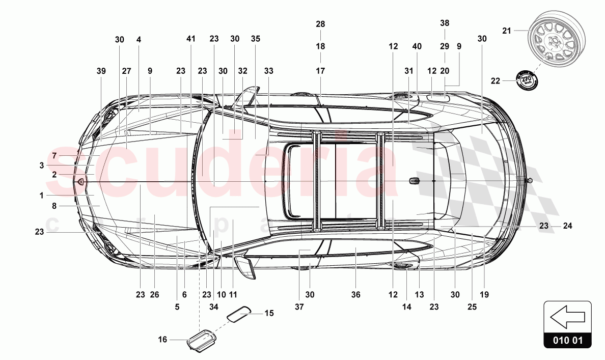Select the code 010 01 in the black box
click(x=567, y=340)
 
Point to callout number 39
click(x=101, y=71)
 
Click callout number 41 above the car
click(x=191, y=39)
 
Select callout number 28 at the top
click(x=320, y=24)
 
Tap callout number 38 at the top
click(x=445, y=23)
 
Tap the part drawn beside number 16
click(x=202, y=339)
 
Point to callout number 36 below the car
click(x=355, y=294)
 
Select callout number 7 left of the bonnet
click(x=54, y=155)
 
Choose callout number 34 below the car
click(x=213, y=307)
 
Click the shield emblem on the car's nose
click(x=81, y=181)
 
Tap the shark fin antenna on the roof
click(x=414, y=181)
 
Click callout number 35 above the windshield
click(x=255, y=39)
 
